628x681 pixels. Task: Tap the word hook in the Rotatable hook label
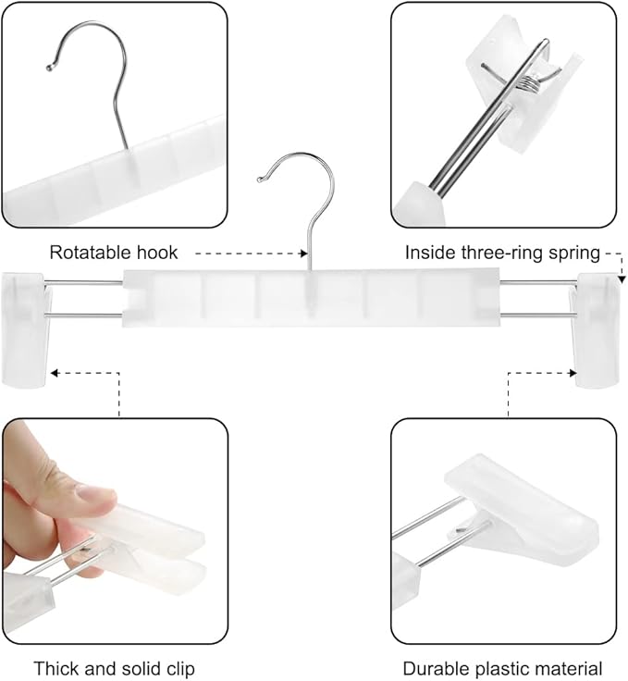click(x=158, y=252)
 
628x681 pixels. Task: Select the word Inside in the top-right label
click(x=428, y=252)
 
